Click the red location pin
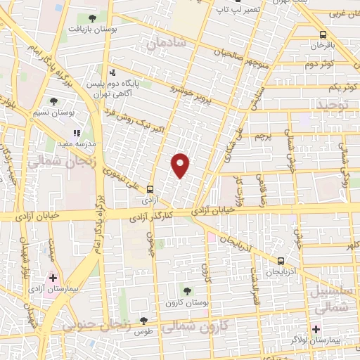click(x=181, y=165)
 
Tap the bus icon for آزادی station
click(x=150, y=189)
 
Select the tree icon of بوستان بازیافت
click(x=93, y=18)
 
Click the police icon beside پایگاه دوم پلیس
click(x=112, y=72)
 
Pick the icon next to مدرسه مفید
click(x=77, y=131)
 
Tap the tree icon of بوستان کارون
click(x=187, y=290)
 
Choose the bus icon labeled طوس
click(x=144, y=321)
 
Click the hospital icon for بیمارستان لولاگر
click(x=316, y=329)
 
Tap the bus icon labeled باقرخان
click(x=323, y=34)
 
